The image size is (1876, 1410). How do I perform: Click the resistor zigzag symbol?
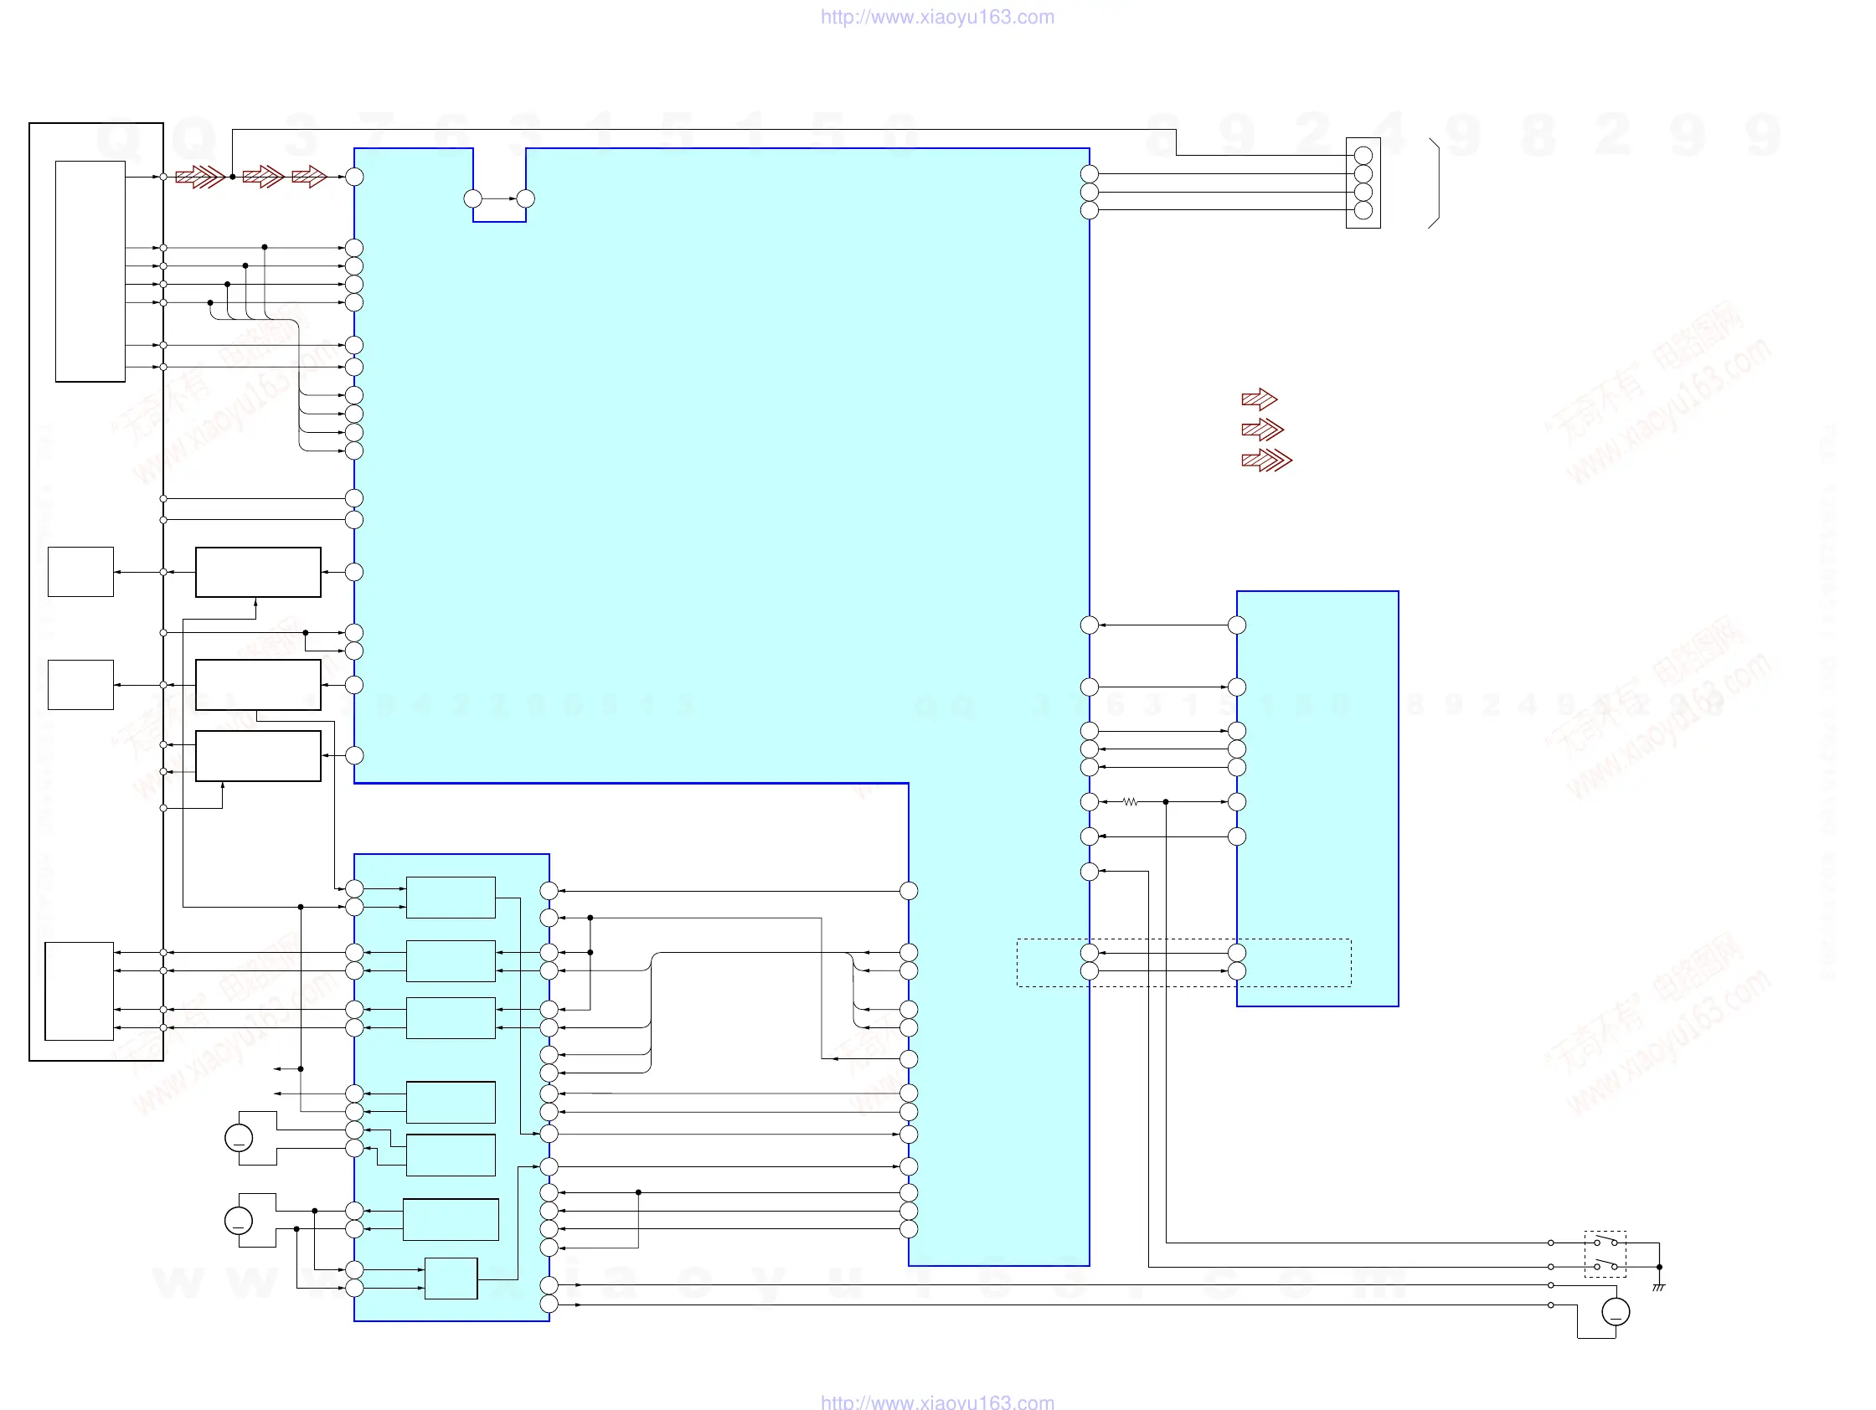(1129, 801)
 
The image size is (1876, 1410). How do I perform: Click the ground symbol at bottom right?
(1658, 1287)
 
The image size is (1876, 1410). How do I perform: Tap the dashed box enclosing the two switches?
(1605, 1254)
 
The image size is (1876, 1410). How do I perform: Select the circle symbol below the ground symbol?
(1615, 1312)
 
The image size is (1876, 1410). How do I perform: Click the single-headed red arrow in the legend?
(1259, 399)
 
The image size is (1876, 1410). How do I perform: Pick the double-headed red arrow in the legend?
(1262, 430)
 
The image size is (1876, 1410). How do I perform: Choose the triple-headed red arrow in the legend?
(1266, 461)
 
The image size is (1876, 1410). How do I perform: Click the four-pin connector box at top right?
(1363, 183)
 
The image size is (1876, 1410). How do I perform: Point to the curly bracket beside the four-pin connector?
(1434, 183)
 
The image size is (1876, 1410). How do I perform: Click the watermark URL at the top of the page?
(937, 17)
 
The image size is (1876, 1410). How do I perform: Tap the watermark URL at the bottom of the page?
(937, 1402)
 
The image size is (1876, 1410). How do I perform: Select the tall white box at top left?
(90, 271)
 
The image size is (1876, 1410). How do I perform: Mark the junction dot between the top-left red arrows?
(232, 177)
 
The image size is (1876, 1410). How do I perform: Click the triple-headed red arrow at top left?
(200, 177)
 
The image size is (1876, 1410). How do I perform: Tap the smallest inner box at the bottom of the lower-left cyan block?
(451, 1278)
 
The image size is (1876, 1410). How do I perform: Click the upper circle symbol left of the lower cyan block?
(239, 1138)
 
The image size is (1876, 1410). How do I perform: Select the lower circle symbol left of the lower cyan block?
(239, 1221)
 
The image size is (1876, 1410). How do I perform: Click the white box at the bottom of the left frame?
(79, 991)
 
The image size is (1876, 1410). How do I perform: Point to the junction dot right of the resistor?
(1165, 801)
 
